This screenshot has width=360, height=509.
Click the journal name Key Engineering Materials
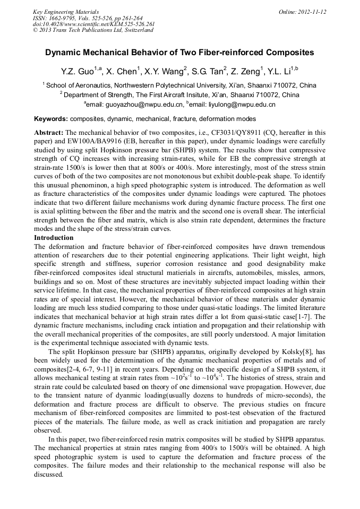[66, 12]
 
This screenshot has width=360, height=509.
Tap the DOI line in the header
[93, 24]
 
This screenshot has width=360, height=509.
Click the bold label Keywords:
[51, 119]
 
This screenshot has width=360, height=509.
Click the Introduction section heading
[54, 238]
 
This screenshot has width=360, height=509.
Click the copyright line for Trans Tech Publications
[93, 30]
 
